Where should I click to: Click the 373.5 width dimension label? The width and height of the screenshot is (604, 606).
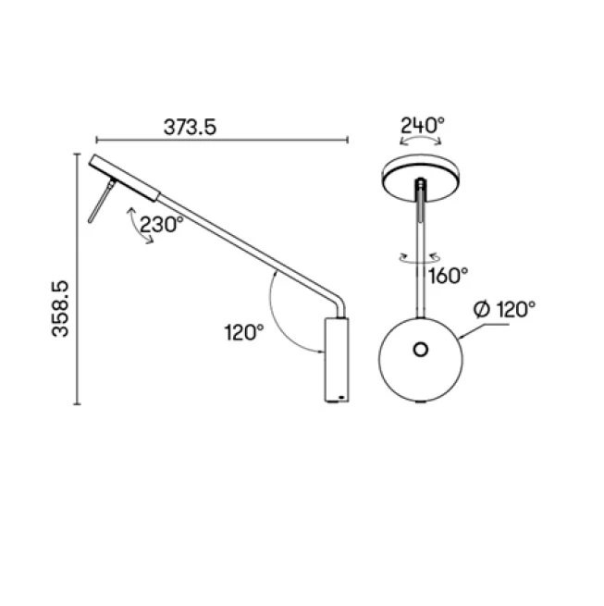[190, 127]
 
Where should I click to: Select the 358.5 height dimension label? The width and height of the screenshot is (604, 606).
[60, 309]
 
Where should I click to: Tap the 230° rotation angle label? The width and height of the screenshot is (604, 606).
[162, 225]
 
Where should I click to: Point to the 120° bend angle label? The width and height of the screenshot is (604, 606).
[244, 332]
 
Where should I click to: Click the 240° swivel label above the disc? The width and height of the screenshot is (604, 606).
[423, 125]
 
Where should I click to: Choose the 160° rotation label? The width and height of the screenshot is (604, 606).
[449, 275]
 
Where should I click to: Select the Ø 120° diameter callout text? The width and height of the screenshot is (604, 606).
[504, 310]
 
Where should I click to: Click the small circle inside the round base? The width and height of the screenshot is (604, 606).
[421, 350]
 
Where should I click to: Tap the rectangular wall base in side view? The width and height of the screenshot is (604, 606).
[337, 360]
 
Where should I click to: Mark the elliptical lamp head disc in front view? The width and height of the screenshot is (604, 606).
[421, 178]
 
